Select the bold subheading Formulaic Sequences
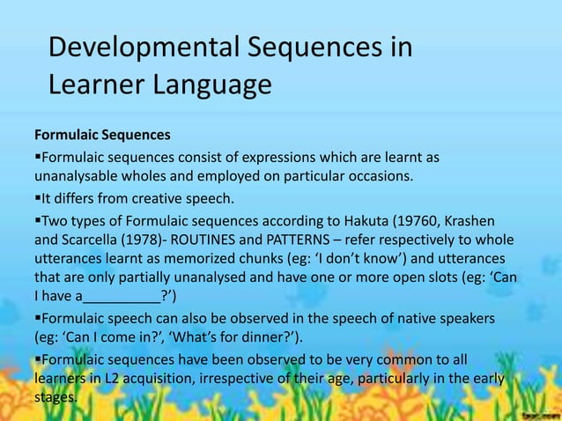click(x=102, y=137)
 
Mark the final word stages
click(x=55, y=399)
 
